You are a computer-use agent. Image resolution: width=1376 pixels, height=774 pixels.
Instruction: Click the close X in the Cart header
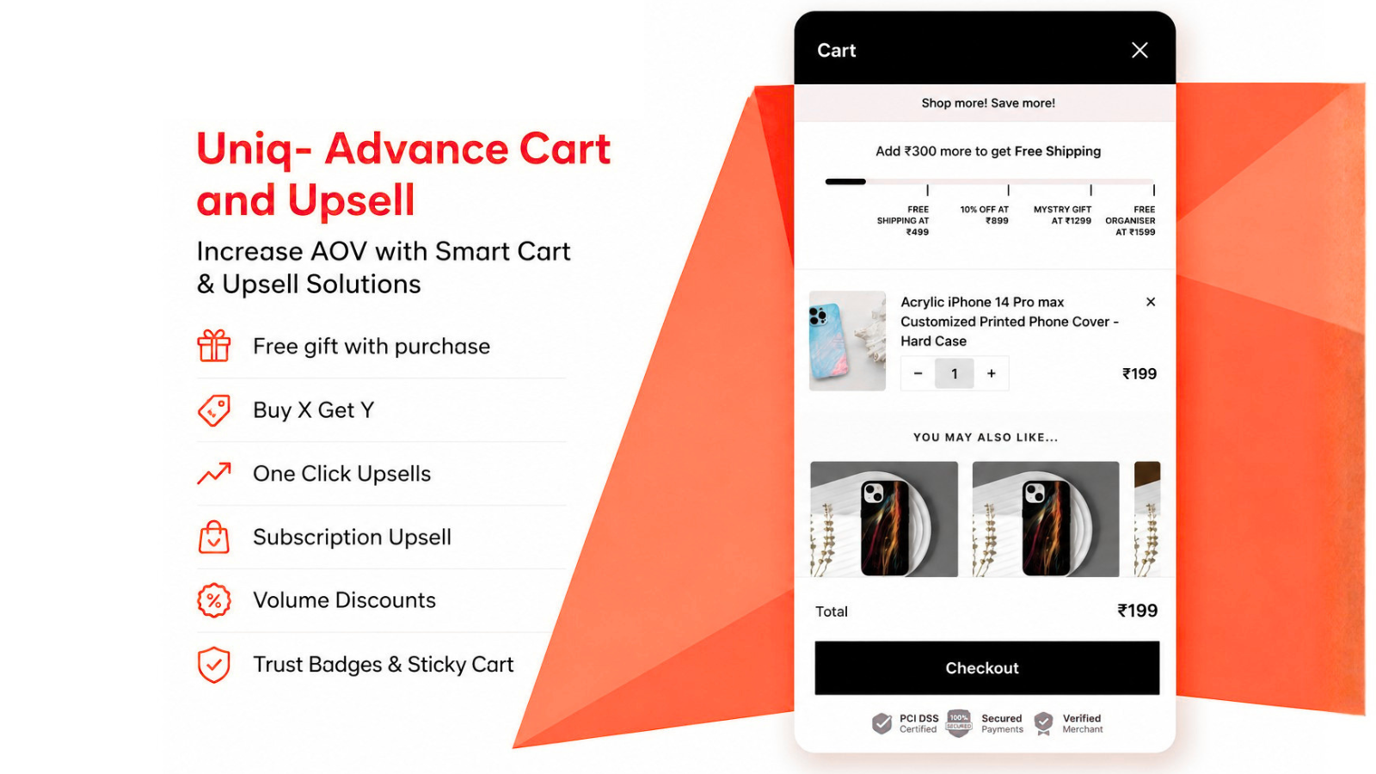click(x=1139, y=51)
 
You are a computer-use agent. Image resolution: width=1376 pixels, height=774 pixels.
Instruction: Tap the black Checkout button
click(x=987, y=667)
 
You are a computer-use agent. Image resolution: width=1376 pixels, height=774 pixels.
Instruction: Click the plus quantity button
click(x=991, y=373)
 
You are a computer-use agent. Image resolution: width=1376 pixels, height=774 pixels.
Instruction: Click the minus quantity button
click(x=918, y=373)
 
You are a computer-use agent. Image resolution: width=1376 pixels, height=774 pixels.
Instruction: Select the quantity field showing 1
click(x=954, y=373)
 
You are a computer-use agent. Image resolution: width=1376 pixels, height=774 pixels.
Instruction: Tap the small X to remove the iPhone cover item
click(x=1151, y=302)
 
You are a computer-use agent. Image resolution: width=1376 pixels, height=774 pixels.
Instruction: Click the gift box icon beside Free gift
click(x=214, y=345)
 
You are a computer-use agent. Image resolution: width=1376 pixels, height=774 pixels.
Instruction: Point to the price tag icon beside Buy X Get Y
click(x=214, y=409)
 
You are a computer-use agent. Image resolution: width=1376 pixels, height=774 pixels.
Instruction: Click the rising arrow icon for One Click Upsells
click(x=214, y=473)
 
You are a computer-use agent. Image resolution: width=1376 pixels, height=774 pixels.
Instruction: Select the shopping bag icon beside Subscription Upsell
click(x=214, y=537)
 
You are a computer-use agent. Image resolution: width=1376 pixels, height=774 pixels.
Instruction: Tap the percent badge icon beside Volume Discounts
click(x=214, y=600)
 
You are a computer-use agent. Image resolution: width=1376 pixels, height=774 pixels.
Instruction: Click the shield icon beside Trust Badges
click(x=214, y=665)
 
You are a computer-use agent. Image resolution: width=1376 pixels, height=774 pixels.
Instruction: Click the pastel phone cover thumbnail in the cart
click(x=847, y=341)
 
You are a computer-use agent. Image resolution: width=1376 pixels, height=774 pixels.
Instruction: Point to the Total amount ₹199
click(x=1137, y=611)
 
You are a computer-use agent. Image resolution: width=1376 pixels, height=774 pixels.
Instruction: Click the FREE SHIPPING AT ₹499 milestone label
click(x=902, y=220)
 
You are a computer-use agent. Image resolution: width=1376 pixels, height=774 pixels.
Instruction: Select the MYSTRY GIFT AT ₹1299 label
click(x=1062, y=215)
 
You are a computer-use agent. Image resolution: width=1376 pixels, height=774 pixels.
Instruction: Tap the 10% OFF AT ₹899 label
click(x=984, y=215)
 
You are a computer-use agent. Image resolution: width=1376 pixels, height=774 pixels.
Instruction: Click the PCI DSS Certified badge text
click(x=919, y=723)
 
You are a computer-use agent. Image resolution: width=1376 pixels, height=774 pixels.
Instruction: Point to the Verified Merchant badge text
click(x=1083, y=723)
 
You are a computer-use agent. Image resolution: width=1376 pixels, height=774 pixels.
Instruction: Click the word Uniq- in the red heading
click(x=255, y=150)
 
